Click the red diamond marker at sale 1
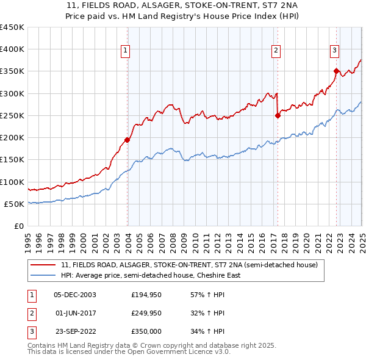click(x=127, y=140)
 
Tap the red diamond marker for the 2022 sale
click(x=336, y=71)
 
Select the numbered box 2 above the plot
click(x=276, y=51)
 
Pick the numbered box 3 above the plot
click(x=335, y=51)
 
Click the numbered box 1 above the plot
click(x=125, y=51)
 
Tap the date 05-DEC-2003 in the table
click(x=75, y=295)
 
